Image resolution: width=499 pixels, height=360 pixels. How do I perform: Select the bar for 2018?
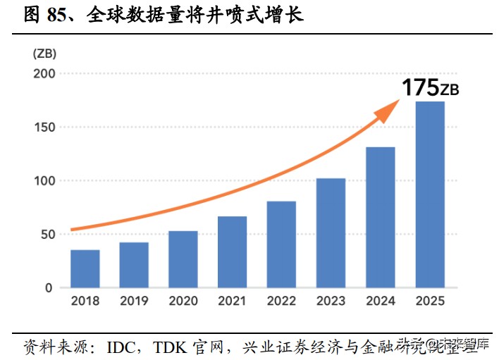click(x=85, y=268)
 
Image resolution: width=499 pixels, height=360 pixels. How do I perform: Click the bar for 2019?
click(x=134, y=265)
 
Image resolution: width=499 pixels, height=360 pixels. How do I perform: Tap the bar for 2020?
click(x=183, y=259)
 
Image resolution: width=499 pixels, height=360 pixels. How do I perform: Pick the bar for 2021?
click(x=233, y=252)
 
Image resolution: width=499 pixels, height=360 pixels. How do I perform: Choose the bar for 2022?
click(x=281, y=244)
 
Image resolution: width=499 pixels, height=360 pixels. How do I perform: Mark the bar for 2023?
click(x=331, y=232)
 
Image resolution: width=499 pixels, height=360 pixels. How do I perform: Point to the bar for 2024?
click(x=380, y=217)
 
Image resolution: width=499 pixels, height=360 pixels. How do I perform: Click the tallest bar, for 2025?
click(x=429, y=194)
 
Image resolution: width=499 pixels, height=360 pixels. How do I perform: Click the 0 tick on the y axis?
click(x=49, y=287)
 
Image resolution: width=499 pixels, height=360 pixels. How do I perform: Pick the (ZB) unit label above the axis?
click(x=44, y=53)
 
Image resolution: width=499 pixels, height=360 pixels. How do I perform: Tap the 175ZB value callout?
click(x=431, y=88)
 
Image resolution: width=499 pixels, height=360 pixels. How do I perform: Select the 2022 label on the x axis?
click(x=281, y=301)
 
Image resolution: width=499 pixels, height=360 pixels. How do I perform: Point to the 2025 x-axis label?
click(x=429, y=301)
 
